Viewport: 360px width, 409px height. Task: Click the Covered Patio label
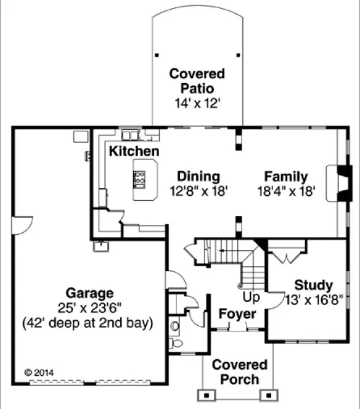pos(197,81)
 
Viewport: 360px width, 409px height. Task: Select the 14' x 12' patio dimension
pos(197,104)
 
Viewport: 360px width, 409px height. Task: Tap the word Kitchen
pos(134,151)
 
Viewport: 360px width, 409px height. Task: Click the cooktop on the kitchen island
pos(140,179)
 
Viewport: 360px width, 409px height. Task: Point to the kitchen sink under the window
pos(130,134)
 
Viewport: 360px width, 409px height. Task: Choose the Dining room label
pos(198,176)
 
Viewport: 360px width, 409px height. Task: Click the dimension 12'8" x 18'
pos(198,192)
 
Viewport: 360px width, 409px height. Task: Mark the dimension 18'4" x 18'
pos(287,192)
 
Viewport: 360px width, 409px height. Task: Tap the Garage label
pos(90,293)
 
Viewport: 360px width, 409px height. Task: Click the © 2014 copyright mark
pos(36,373)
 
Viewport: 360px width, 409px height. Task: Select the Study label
pos(313,285)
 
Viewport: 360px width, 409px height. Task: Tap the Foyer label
pos(238,314)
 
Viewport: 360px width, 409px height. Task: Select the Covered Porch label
pos(240,372)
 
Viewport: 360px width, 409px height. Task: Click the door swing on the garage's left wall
pos(20,225)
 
